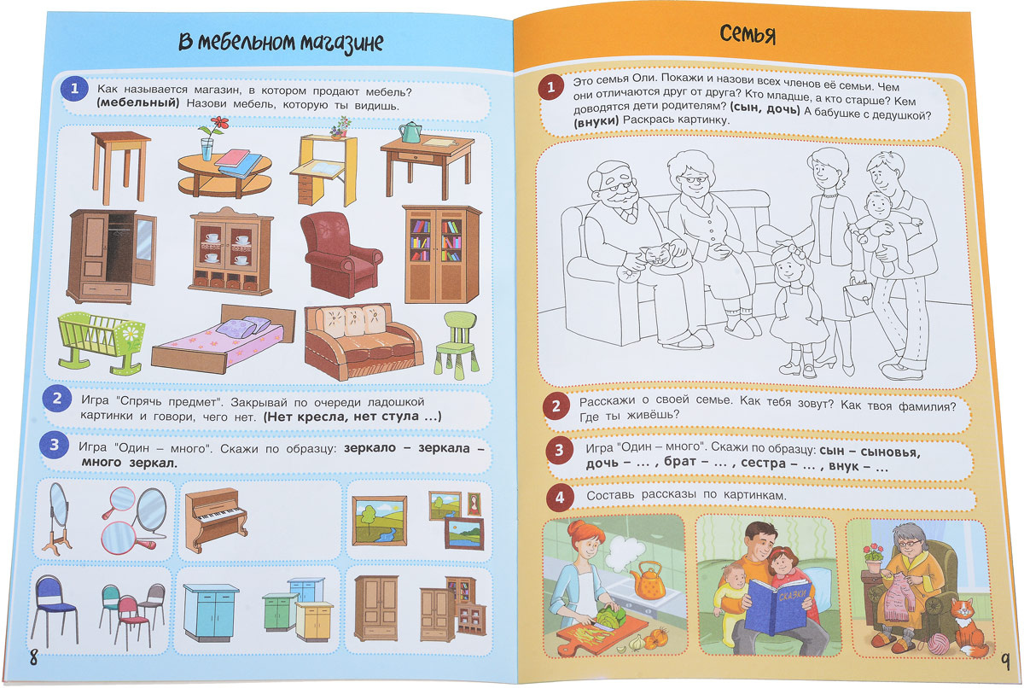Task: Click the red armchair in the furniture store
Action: (340, 255)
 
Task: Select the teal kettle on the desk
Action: (410, 132)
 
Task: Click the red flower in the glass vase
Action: (220, 123)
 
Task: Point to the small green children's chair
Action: (457, 345)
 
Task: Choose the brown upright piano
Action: (216, 519)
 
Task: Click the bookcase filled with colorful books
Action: (442, 254)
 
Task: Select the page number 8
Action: (33, 658)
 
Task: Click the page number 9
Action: (1005, 661)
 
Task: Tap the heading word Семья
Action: (748, 35)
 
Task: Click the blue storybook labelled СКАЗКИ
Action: (778, 607)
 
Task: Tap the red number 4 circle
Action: (559, 497)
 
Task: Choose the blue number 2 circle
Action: (56, 399)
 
